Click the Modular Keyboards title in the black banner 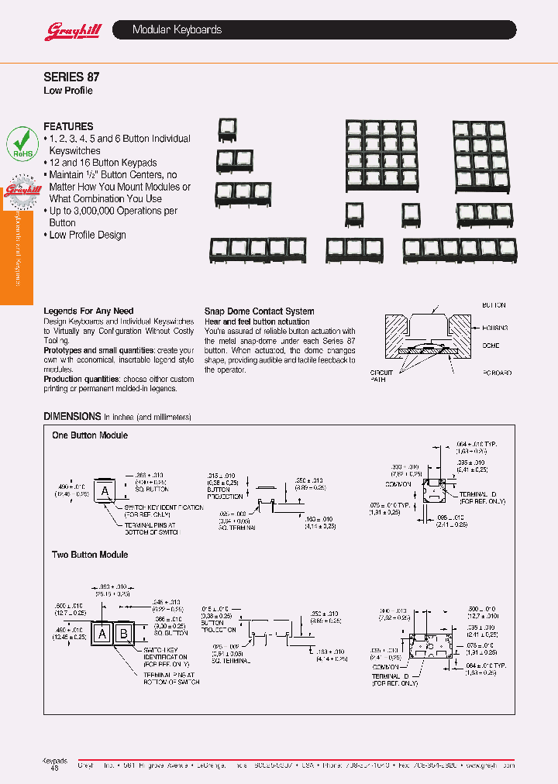177,30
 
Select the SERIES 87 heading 71,77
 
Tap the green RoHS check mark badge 22,144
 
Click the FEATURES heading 68,126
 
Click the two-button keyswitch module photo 235,161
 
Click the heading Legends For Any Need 88,311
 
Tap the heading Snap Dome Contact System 259,311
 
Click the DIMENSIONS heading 72,416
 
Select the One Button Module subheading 90,435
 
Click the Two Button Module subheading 90,555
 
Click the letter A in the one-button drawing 103,490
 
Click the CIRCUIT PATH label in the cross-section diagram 381,377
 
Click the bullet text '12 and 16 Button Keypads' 103,163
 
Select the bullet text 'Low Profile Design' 87,235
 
